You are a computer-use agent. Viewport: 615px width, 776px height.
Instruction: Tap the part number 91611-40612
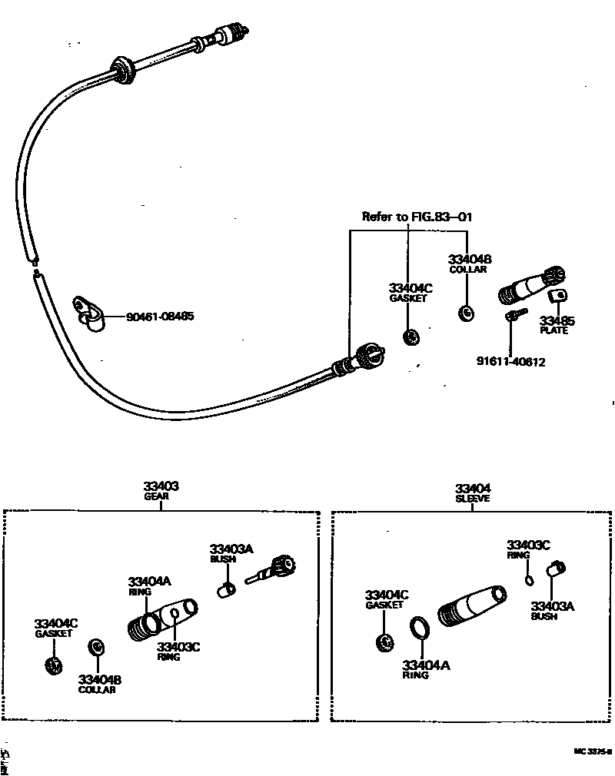click(510, 362)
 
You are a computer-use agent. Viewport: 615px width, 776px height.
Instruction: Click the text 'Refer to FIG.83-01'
click(417, 217)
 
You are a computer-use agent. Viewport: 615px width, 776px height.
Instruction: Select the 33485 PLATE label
click(557, 324)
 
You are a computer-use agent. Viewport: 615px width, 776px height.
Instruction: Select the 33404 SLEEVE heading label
click(473, 492)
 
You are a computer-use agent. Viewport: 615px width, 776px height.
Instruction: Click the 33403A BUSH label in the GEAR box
click(231, 552)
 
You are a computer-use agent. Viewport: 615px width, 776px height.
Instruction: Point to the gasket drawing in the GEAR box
click(54, 665)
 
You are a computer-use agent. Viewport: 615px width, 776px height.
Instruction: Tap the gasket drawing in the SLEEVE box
click(384, 642)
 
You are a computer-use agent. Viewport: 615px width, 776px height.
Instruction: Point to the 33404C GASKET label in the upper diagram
click(410, 292)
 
